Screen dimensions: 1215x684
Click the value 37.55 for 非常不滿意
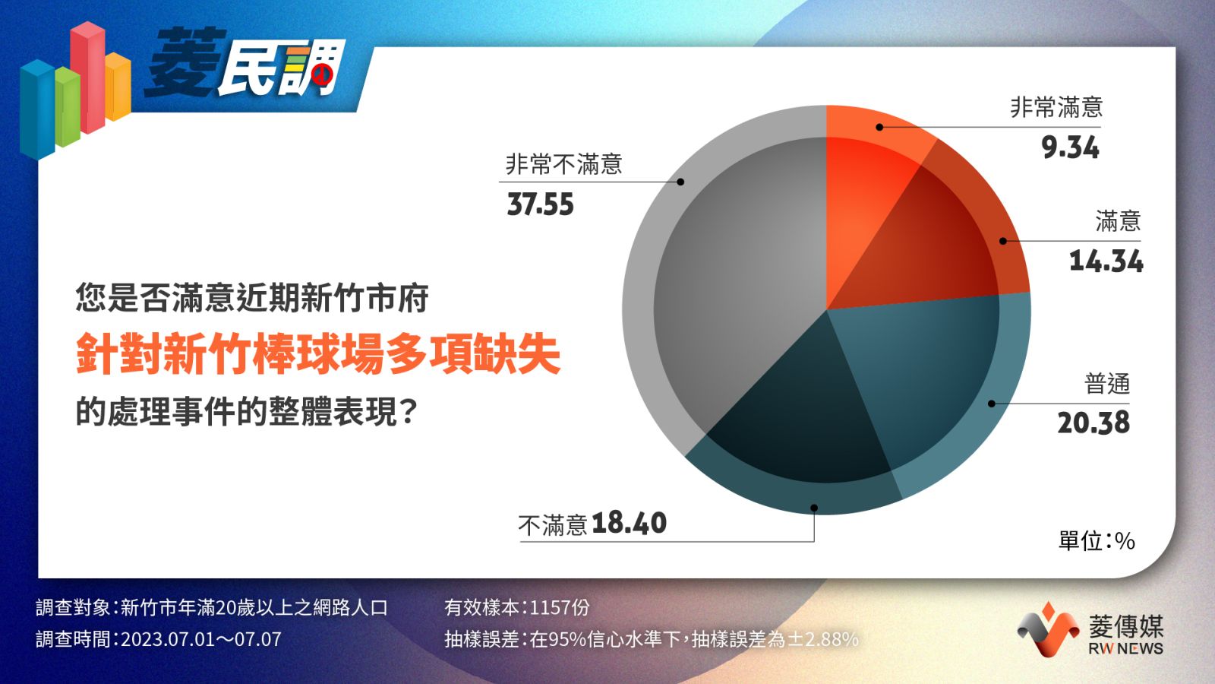(540, 204)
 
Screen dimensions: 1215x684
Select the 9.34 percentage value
(1070, 147)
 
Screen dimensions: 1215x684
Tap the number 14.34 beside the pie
(1106, 261)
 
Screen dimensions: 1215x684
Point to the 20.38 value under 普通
(1093, 423)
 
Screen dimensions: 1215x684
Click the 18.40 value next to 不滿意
(630, 524)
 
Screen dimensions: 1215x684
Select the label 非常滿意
(1056, 107)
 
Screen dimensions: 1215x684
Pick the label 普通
(1107, 385)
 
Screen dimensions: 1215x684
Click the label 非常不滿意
(563, 164)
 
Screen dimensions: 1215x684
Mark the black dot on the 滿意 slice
(1003, 241)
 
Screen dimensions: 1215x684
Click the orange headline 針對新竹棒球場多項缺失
(318, 354)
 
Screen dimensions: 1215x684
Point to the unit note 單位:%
(1097, 541)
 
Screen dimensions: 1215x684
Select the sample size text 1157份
(560, 607)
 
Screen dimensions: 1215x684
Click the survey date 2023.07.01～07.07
(201, 639)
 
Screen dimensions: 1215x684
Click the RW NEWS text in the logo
(1125, 648)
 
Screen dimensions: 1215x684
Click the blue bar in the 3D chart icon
(37, 109)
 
